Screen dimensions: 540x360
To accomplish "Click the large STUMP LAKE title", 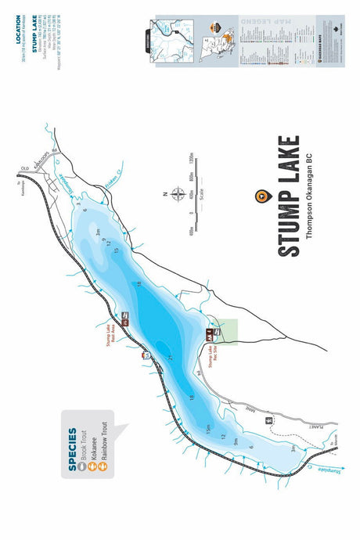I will click(289, 196).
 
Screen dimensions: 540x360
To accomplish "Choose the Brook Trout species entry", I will click(83, 447).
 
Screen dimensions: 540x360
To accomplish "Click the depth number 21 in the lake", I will click(169, 357).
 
